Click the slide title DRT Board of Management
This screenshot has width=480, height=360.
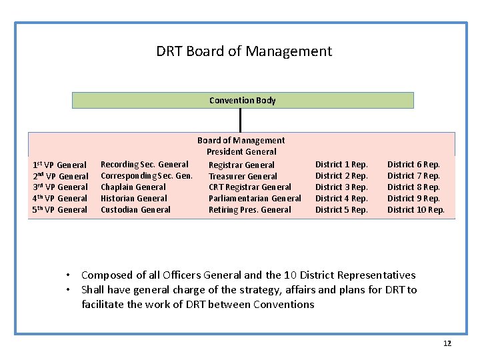244,51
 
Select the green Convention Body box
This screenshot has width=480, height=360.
243,101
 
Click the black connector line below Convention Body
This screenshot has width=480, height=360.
240,120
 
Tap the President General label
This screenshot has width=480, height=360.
241,152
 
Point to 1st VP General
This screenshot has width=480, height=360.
60,165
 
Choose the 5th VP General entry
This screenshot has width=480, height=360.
60,210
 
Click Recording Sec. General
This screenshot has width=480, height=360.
145,165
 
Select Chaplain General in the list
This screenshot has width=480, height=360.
133,187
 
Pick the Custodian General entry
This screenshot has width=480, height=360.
135,210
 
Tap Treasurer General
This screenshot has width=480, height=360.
243,176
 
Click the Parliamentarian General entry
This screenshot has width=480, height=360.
255,199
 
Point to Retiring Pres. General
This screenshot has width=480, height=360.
250,210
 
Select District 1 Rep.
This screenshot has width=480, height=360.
341,165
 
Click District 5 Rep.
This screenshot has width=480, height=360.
341,210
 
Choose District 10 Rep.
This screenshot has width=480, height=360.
416,210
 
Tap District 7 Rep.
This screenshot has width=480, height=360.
413,176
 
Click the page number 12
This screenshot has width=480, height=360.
447,343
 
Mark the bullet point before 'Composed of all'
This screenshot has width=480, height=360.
69,275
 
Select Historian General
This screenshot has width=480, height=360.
134,199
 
